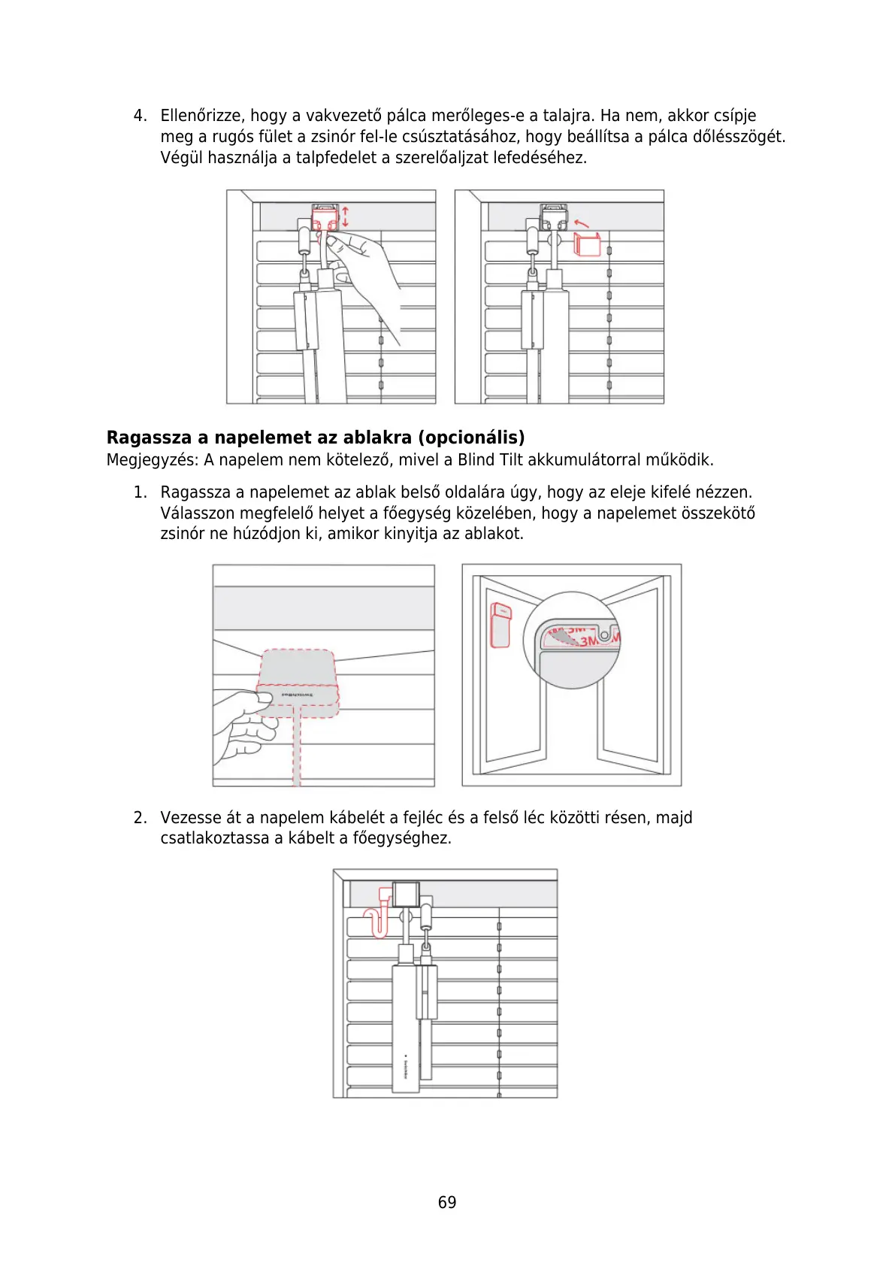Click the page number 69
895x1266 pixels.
pyautogui.click(x=447, y=1202)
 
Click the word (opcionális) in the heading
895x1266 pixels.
pyautogui.click(x=471, y=438)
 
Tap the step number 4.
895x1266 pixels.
pyautogui.click(x=139, y=116)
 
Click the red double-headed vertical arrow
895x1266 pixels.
pyautogui.click(x=345, y=217)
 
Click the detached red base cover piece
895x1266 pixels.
pyautogui.click(x=587, y=244)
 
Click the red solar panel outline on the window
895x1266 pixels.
pyautogui.click(x=500, y=624)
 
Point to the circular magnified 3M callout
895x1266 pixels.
pyautogui.click(x=573, y=640)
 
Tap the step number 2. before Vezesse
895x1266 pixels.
pyautogui.click(x=140, y=818)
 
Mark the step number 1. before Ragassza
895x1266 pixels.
pyautogui.click(x=140, y=492)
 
